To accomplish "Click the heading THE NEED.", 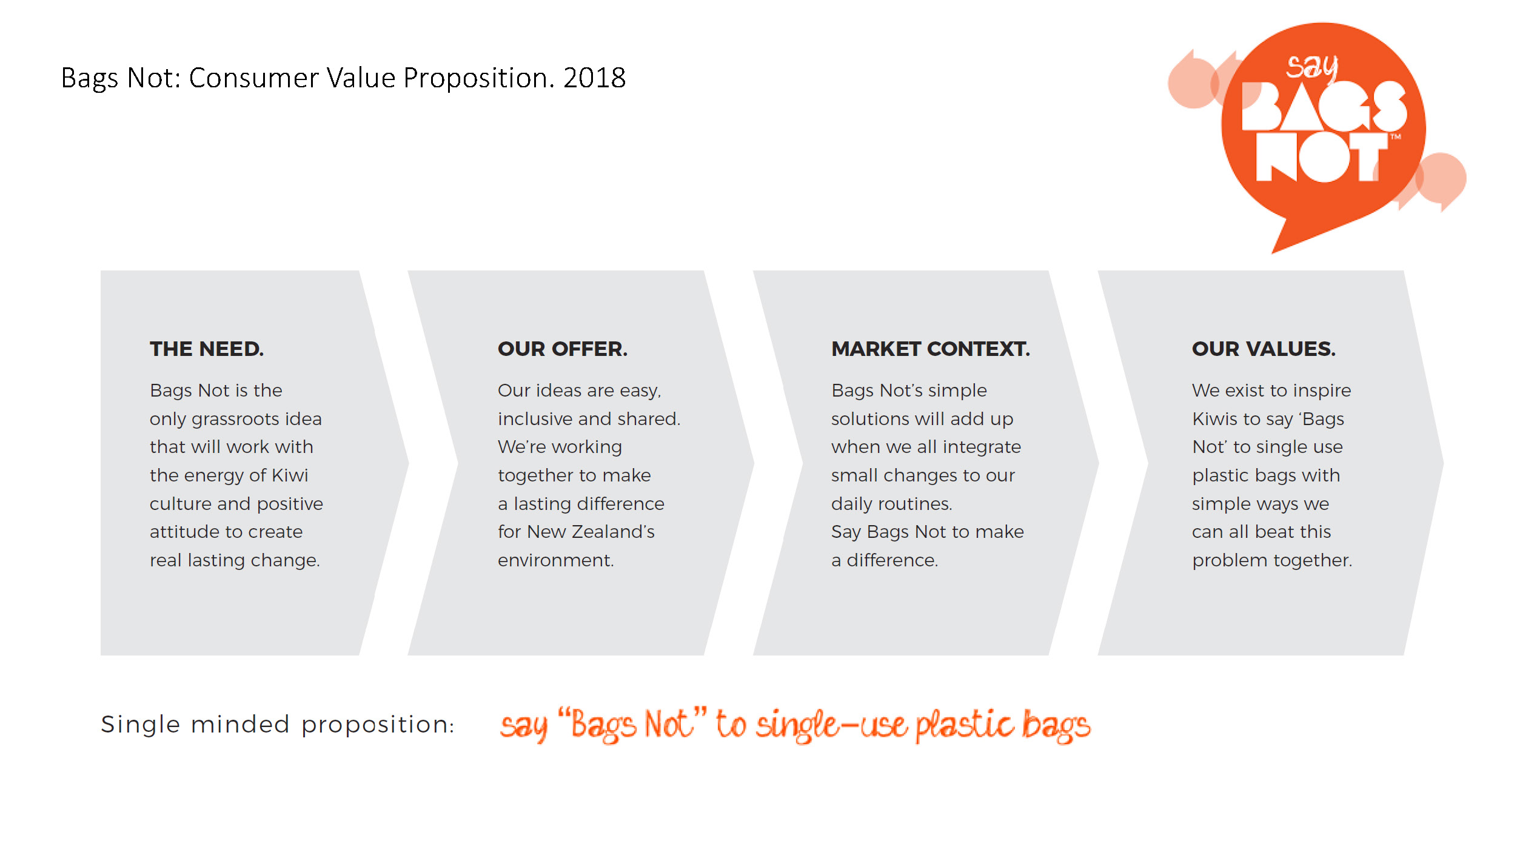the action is tap(207, 349).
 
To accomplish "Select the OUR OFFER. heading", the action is tap(563, 349).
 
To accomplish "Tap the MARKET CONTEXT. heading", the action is tap(931, 349).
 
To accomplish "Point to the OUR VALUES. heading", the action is tap(1264, 349).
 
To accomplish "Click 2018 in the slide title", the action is tap(594, 78).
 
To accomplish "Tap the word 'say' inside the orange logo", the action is tap(1312, 67).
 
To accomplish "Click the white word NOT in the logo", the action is tap(1322, 156).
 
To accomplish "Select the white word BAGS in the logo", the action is tap(1324, 106).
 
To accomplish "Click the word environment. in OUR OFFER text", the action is tap(556, 560).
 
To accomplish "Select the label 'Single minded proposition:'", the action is tap(278, 725).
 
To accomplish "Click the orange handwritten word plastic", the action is tap(965, 725).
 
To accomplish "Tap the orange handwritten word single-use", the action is tap(831, 725).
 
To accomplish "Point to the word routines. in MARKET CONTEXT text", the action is tap(914, 504).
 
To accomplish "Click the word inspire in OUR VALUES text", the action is tap(1322, 391).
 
